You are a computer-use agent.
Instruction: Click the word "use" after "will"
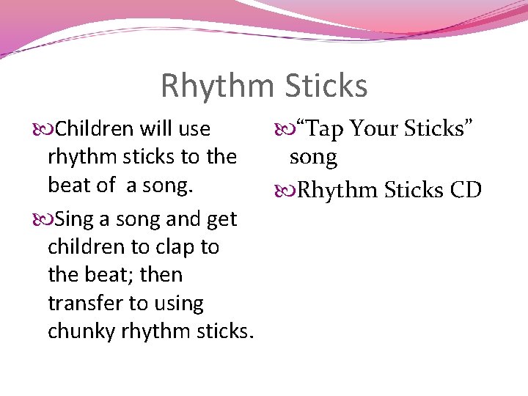coord(194,130)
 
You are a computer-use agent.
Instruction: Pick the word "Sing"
coord(73,219)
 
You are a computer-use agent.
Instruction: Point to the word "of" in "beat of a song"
coord(105,185)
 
